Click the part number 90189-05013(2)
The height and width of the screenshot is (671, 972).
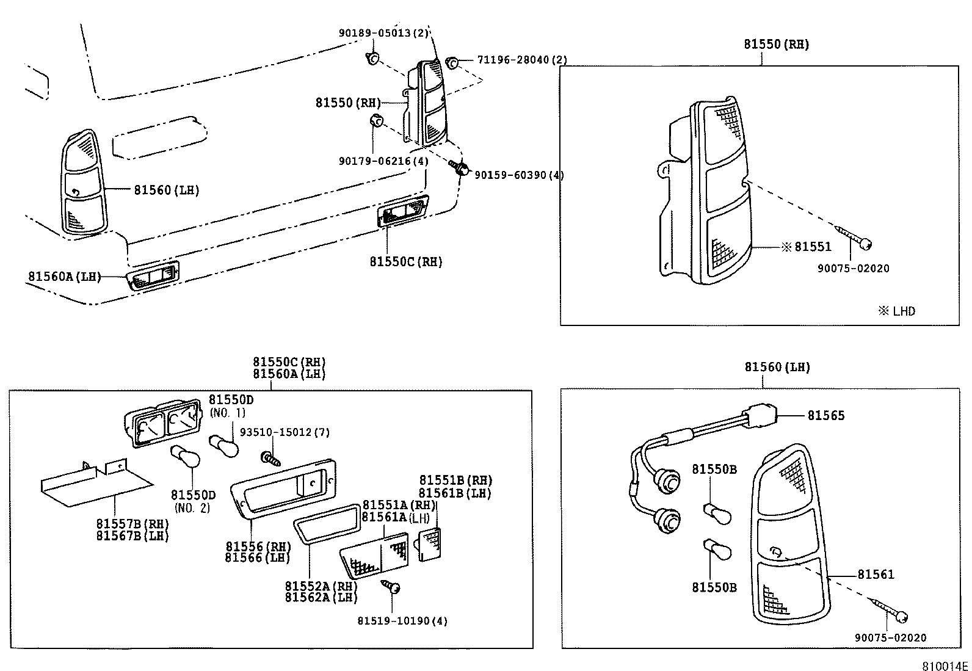tap(384, 33)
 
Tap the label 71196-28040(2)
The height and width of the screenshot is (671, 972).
tap(522, 60)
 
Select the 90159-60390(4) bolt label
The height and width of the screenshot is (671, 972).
tap(519, 175)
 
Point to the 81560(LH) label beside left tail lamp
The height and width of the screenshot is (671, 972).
tap(167, 190)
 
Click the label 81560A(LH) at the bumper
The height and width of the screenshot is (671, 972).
tap(64, 277)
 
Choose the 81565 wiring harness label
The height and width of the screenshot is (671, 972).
tap(826, 416)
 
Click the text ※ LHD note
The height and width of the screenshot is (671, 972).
tap(897, 311)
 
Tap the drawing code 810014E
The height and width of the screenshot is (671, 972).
tap(945, 665)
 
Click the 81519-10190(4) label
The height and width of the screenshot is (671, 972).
tap(402, 621)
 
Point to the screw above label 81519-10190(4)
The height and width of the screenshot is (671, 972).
tap(391, 587)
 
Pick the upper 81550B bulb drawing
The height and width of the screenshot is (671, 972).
tap(717, 513)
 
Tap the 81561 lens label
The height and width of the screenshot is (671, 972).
tap(876, 575)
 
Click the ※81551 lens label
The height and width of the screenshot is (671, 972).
tap(806, 247)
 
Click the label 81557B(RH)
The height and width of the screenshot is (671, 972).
tap(132, 524)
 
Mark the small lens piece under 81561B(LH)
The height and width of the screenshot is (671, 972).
tap(429, 544)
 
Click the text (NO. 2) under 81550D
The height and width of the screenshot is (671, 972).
tap(192, 507)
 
